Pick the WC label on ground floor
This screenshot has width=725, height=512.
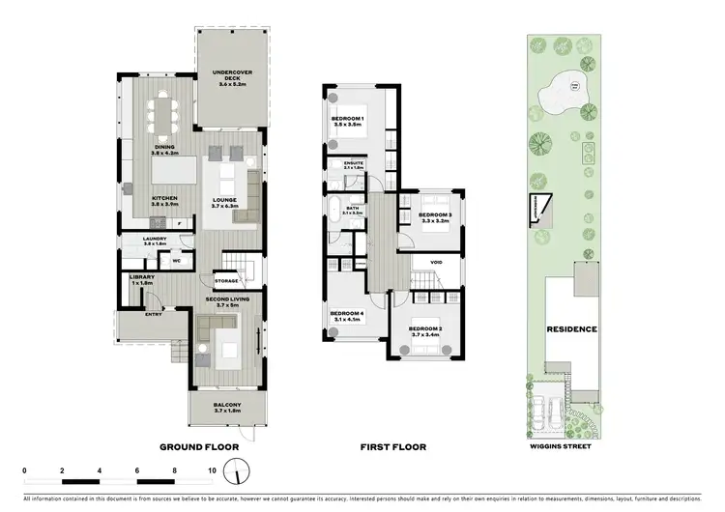point(178,260)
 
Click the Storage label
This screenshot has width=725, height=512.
point(226,281)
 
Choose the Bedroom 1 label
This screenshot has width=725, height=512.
point(346,121)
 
